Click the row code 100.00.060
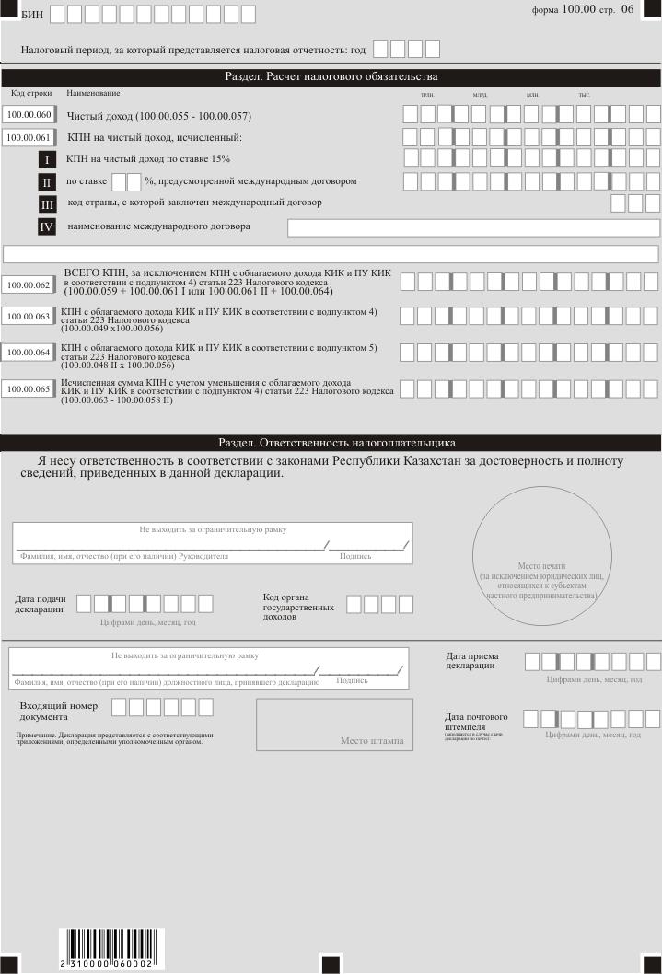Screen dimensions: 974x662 click(29, 115)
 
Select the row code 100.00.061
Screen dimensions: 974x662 click(29, 137)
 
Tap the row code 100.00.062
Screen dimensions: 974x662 click(29, 284)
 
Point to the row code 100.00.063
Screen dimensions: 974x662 click(29, 317)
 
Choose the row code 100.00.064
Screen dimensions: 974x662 click(29, 352)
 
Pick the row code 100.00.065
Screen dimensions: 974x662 click(29, 389)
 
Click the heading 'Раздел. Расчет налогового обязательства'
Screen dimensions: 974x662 click(331, 76)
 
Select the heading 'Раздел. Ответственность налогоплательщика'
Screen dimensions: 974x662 click(331, 443)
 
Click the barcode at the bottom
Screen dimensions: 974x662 click(107, 946)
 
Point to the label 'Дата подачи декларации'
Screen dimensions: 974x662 click(40, 604)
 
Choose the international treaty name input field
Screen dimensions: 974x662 click(473, 228)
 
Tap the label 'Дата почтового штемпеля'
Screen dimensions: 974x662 click(477, 721)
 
